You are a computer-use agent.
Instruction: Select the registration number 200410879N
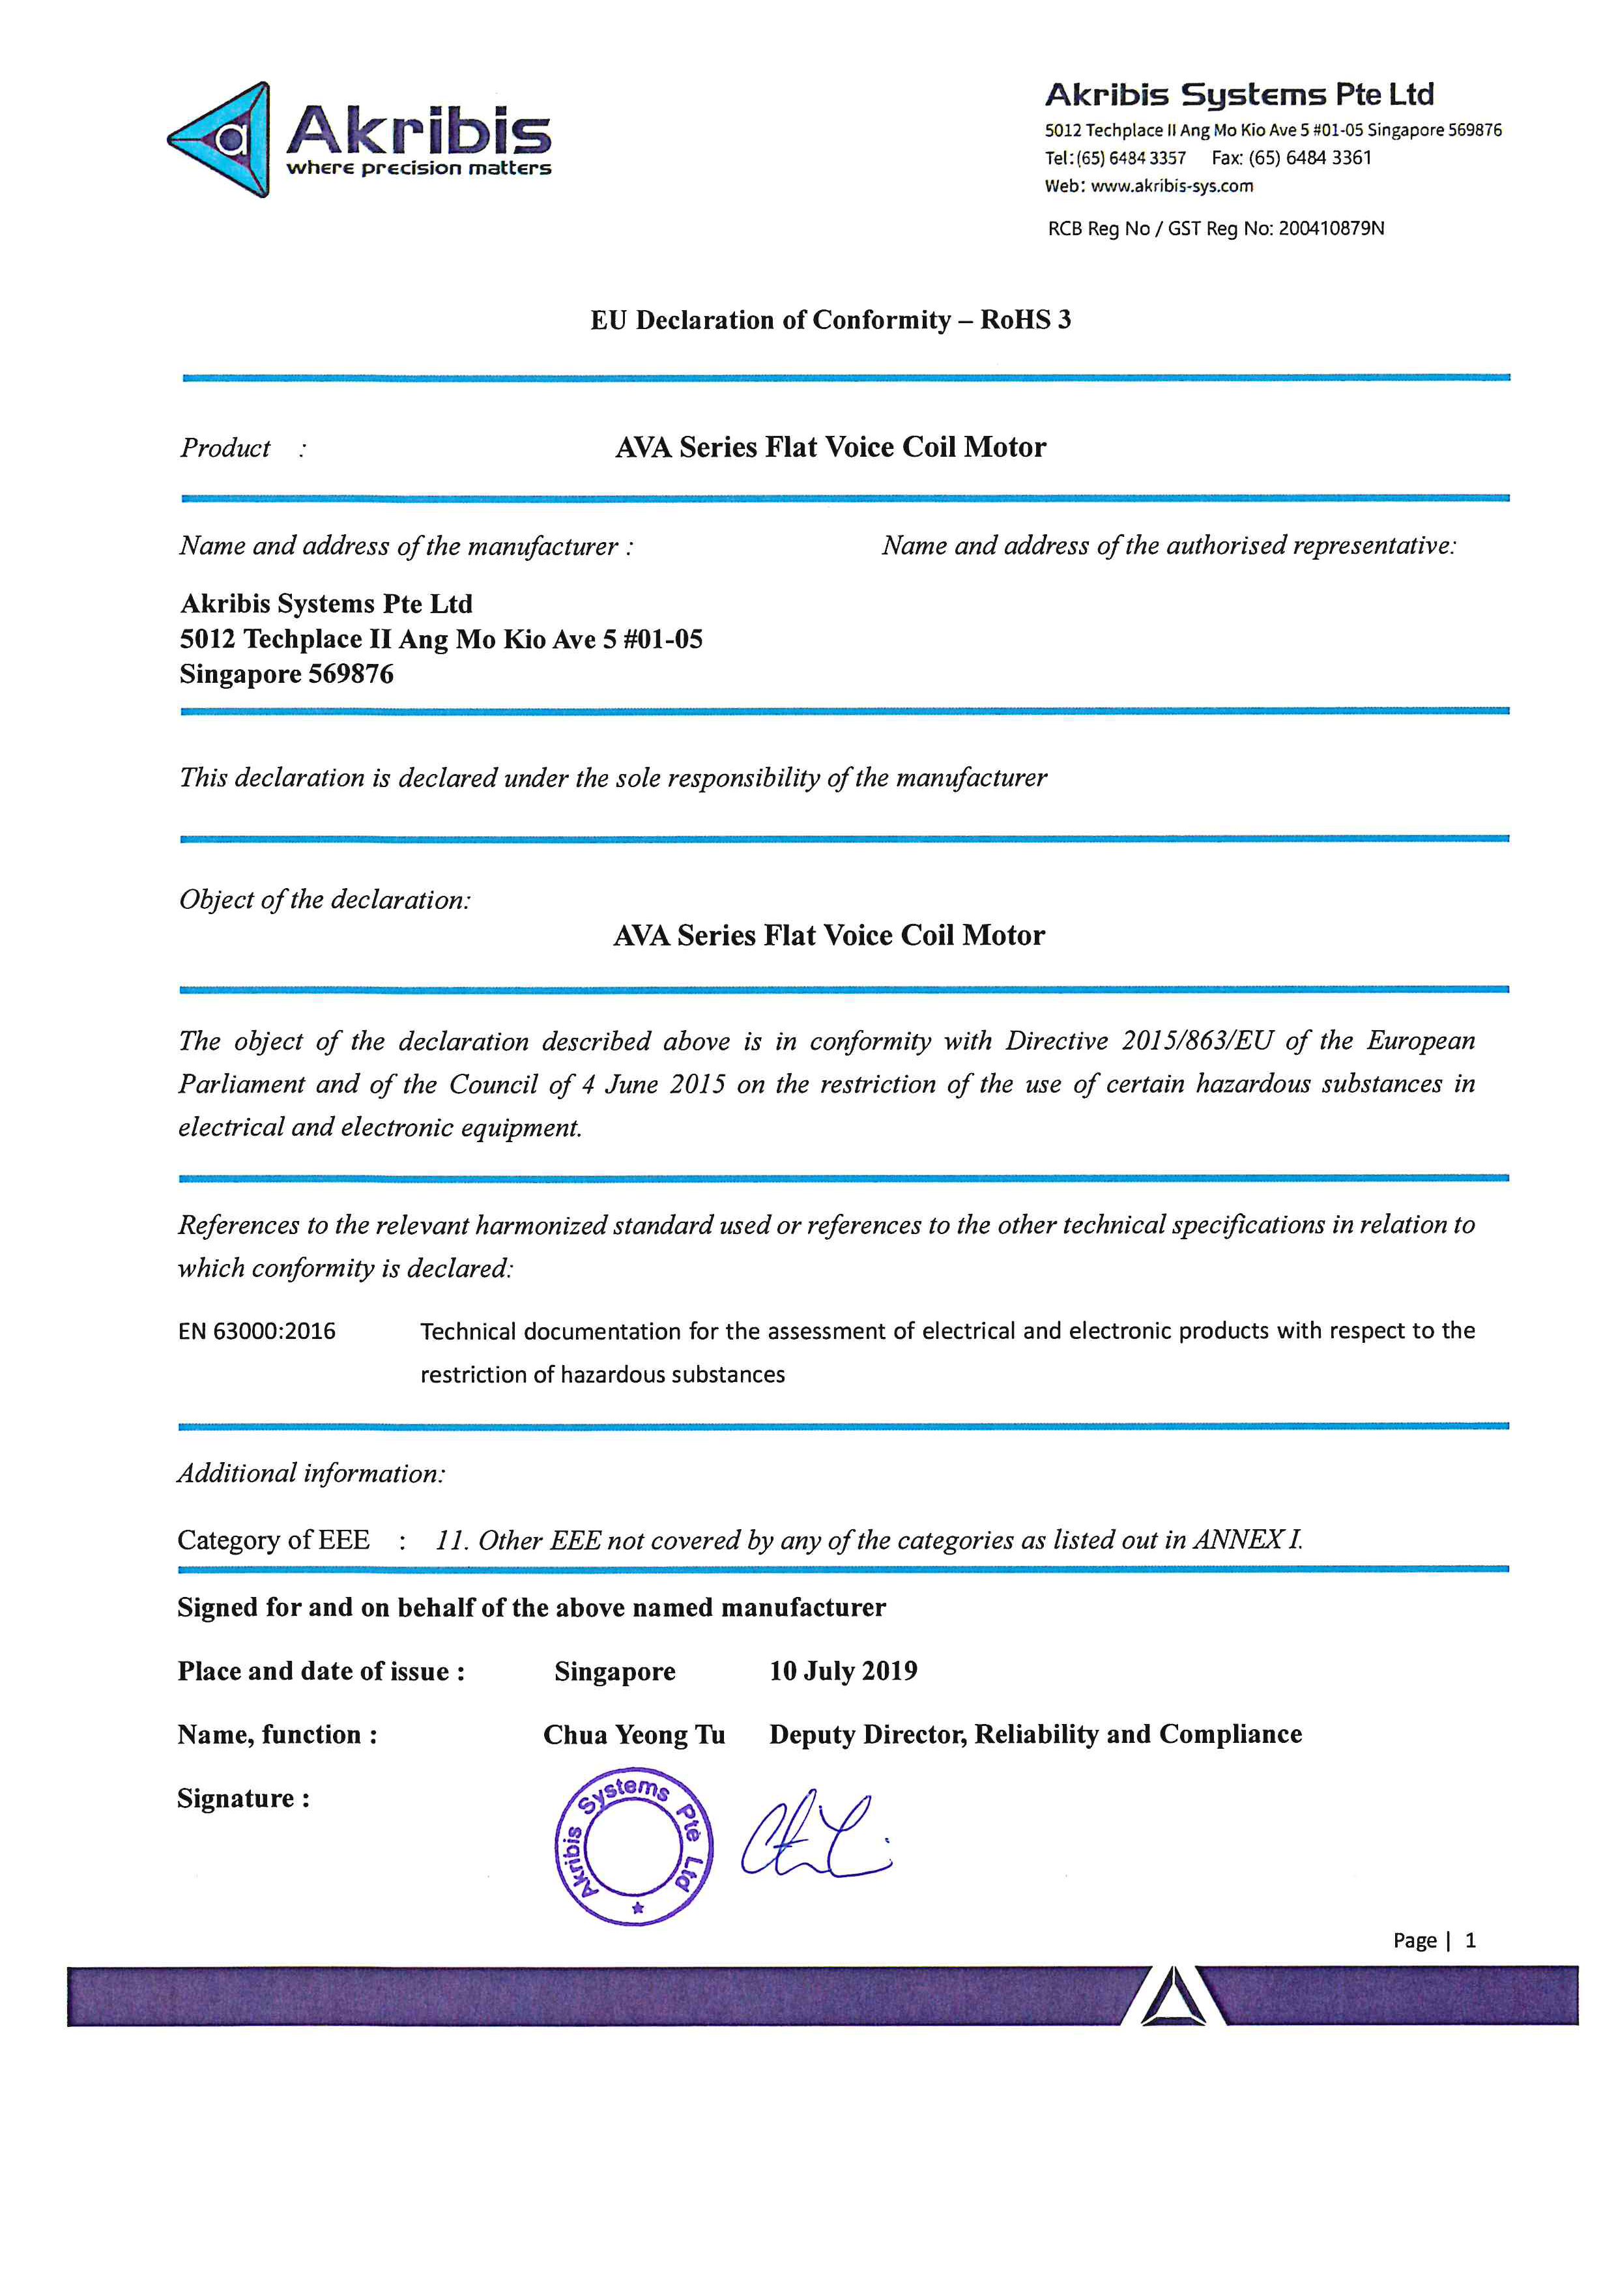pyautogui.click(x=1331, y=229)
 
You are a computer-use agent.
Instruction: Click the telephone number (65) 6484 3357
pyautogui.click(x=1131, y=158)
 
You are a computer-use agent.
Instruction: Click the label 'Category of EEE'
pyautogui.click(x=274, y=1540)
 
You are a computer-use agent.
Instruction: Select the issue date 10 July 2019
pyautogui.click(x=843, y=1671)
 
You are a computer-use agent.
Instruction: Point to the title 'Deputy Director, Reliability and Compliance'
pyautogui.click(x=1035, y=1734)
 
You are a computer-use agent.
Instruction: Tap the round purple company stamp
pyautogui.click(x=633, y=1847)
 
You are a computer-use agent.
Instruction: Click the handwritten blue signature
pyautogui.click(x=814, y=1837)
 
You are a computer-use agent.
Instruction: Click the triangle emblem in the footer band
pyautogui.click(x=1172, y=1996)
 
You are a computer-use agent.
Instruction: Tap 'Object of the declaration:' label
pyautogui.click(x=325, y=900)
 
